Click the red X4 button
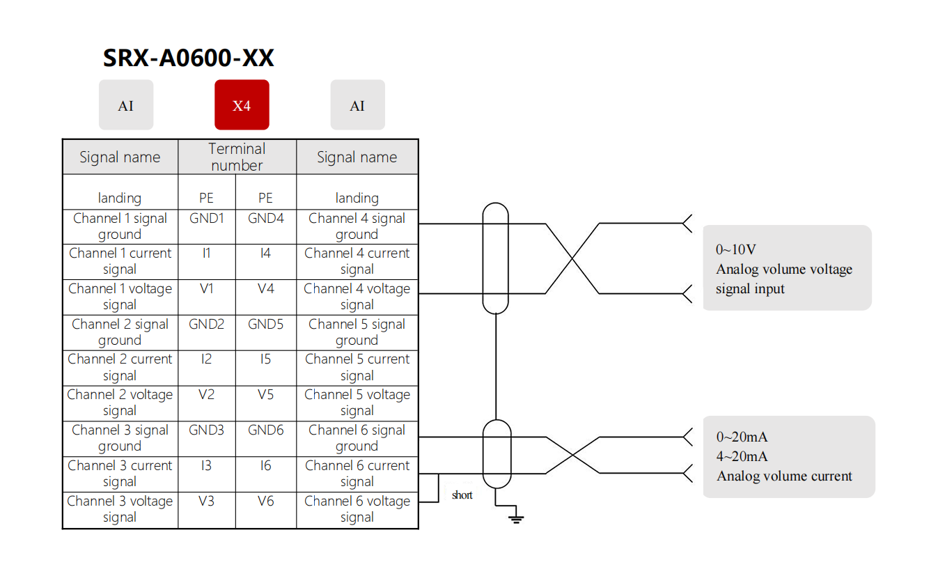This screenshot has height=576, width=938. (x=242, y=105)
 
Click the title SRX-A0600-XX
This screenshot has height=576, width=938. (x=188, y=59)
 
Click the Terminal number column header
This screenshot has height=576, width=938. (x=237, y=157)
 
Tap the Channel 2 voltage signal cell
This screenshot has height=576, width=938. (x=120, y=403)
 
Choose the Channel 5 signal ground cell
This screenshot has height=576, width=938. (x=357, y=332)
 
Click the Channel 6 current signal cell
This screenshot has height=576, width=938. (x=357, y=474)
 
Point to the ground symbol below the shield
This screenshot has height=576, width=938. (x=516, y=517)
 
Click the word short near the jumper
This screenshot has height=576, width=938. (x=462, y=495)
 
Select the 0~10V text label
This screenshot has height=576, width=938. (x=736, y=249)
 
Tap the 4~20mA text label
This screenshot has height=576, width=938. (x=742, y=457)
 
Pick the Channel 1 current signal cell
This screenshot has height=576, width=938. (x=120, y=261)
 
